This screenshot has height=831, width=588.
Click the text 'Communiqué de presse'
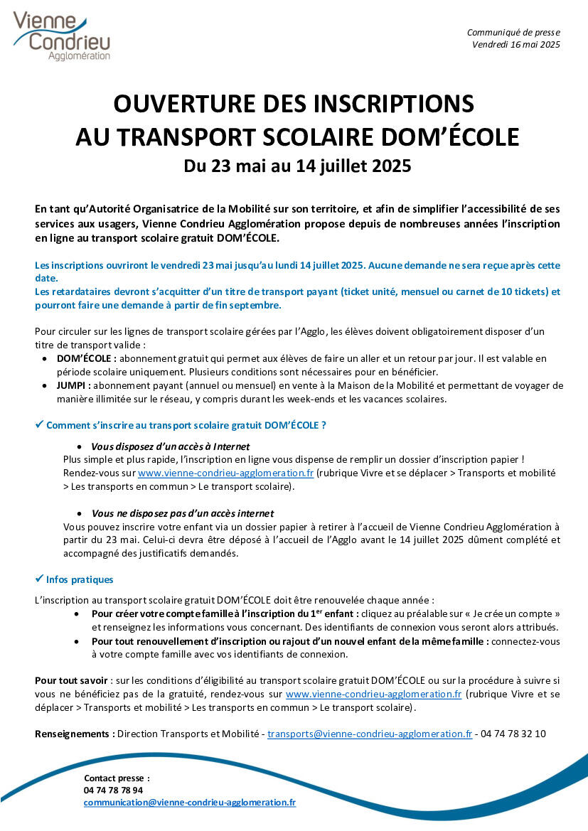pos(513,33)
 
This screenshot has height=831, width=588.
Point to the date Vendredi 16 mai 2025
pos(516,45)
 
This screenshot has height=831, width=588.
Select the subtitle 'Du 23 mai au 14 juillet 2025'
pos(297,167)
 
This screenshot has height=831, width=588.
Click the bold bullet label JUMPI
pos(72,385)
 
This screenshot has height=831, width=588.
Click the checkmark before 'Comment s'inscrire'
pos(40,424)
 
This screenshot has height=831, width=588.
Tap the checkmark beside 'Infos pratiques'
pos(40,579)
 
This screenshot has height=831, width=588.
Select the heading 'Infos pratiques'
pos(80,579)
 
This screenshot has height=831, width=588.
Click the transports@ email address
pos(369,734)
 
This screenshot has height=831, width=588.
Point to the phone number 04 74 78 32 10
pos(513,734)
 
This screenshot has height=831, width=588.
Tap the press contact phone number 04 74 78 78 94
pos(113,790)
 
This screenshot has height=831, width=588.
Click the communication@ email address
pos(190,802)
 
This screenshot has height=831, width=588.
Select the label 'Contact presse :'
pos(117,778)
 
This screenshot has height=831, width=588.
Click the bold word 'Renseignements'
pos(74,734)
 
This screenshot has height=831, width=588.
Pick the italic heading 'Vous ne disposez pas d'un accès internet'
pos(183,513)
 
